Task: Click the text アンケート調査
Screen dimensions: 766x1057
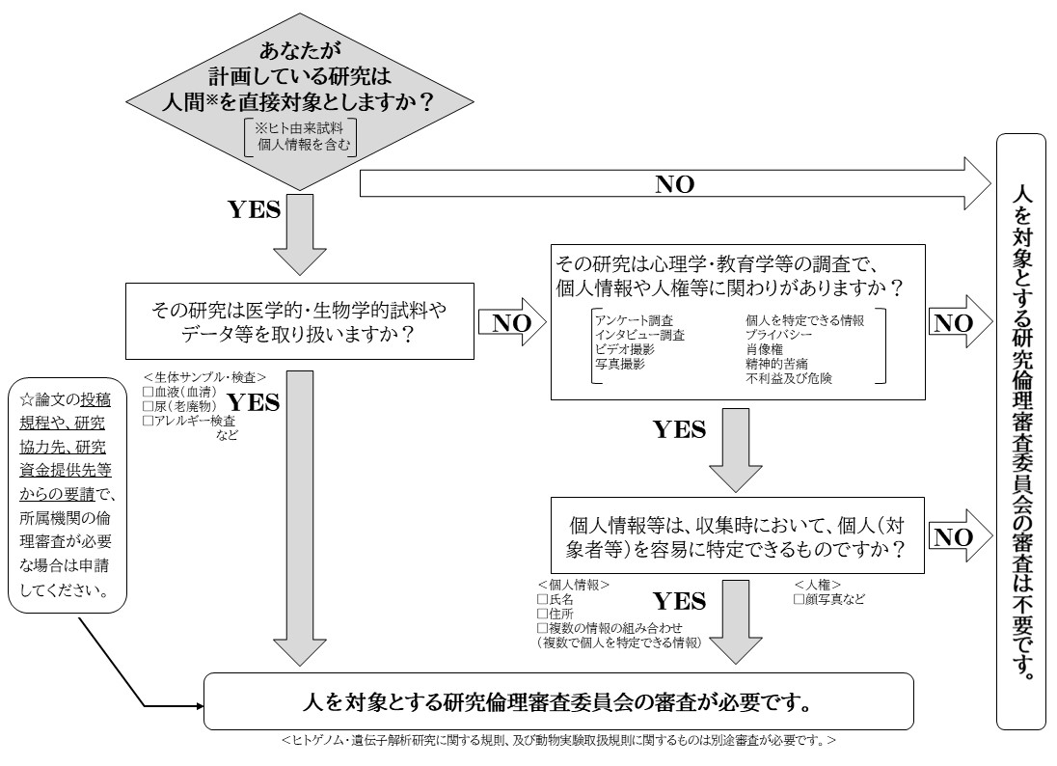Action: pos(636,319)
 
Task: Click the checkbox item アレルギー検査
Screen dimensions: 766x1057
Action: pos(189,421)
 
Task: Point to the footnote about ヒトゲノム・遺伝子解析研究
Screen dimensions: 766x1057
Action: pos(559,741)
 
